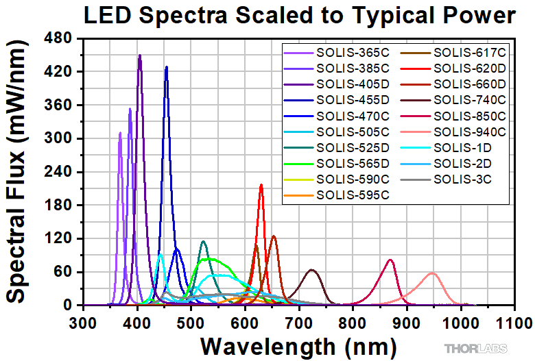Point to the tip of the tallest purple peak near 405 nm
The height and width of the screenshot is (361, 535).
coord(140,55)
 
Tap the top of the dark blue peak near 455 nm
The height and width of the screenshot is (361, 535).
coord(166,66)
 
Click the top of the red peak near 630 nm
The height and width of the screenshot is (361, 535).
coord(261,184)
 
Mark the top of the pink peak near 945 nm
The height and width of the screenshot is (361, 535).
coord(432,273)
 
